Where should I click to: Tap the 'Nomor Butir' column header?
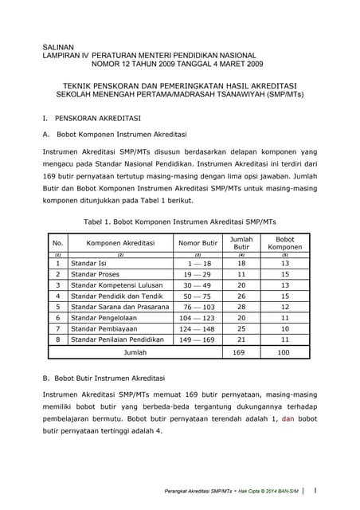pyautogui.click(x=198, y=242)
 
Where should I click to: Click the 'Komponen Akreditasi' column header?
pyautogui.click(x=120, y=242)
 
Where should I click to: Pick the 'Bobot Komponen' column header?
pyautogui.click(x=284, y=242)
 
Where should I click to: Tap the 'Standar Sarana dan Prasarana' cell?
pyautogui.click(x=120, y=306)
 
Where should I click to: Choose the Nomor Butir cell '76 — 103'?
pyautogui.click(x=197, y=306)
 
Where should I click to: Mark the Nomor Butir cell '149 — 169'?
pyautogui.click(x=197, y=339)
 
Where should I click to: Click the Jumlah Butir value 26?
pyautogui.click(x=241, y=296)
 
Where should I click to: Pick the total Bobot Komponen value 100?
pyautogui.click(x=284, y=351)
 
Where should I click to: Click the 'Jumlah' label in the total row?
pyautogui.click(x=135, y=351)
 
